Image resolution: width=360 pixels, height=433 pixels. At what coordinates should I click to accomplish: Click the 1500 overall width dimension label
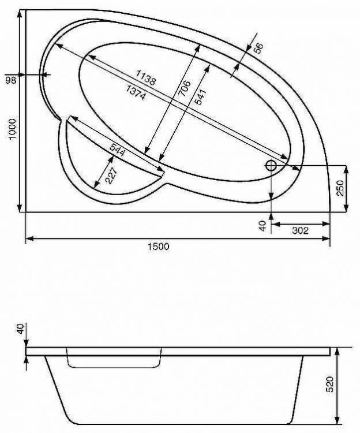point(158,247)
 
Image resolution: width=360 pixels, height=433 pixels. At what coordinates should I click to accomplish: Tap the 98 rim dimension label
point(10,80)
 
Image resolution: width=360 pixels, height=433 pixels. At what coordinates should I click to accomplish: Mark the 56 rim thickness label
point(258,48)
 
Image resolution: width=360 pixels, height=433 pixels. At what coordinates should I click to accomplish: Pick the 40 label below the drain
point(262,226)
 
